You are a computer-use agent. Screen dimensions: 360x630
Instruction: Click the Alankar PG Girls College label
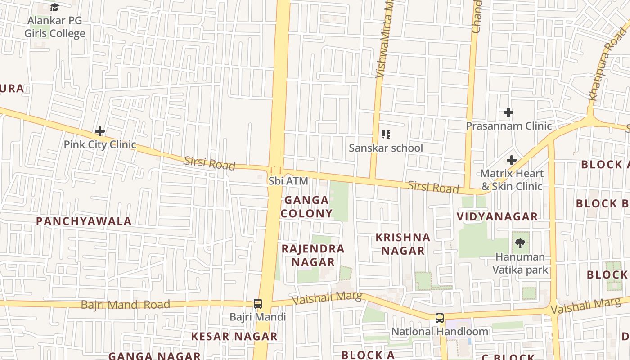click(x=55, y=27)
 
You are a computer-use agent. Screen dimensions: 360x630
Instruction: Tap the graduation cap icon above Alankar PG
click(x=55, y=7)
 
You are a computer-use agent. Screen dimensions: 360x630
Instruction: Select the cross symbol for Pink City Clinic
click(x=100, y=131)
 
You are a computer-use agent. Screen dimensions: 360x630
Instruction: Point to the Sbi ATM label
click(x=288, y=181)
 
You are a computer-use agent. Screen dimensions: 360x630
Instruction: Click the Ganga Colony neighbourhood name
click(x=307, y=207)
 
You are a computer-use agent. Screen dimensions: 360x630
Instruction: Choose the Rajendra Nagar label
click(x=313, y=255)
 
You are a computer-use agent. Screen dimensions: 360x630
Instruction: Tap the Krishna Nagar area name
click(x=403, y=244)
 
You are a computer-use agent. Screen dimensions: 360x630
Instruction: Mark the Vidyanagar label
click(x=497, y=216)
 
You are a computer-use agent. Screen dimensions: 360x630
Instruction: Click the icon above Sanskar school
click(x=386, y=134)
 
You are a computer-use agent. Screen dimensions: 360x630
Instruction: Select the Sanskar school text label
click(x=386, y=148)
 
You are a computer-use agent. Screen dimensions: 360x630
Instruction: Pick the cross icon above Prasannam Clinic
click(x=508, y=112)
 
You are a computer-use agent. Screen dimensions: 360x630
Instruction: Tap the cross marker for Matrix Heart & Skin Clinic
click(x=511, y=160)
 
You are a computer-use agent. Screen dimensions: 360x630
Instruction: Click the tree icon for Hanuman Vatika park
click(x=520, y=243)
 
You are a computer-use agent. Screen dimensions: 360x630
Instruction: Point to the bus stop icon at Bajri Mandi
click(x=258, y=304)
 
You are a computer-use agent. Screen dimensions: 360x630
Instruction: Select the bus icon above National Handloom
click(x=440, y=318)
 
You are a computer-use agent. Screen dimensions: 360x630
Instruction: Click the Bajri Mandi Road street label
click(x=125, y=305)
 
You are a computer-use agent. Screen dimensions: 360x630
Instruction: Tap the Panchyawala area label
click(x=84, y=221)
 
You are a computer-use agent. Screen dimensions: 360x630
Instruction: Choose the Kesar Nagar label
click(x=234, y=336)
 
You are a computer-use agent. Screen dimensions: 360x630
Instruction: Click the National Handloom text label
click(x=440, y=332)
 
